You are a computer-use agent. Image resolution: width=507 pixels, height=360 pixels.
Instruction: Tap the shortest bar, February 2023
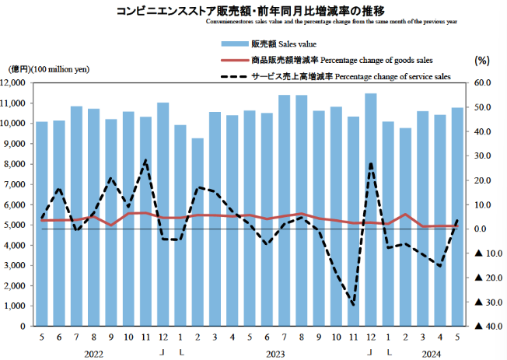click(198, 232)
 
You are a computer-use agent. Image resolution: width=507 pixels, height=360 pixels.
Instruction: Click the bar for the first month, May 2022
click(41, 224)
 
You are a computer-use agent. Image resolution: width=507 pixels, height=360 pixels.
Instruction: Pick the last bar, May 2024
click(457, 217)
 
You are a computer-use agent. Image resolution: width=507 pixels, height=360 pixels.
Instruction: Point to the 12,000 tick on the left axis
click(16, 82)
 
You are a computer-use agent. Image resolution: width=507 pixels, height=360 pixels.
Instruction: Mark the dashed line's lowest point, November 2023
click(354, 305)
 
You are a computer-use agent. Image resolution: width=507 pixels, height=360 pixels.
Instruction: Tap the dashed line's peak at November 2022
click(145, 160)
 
